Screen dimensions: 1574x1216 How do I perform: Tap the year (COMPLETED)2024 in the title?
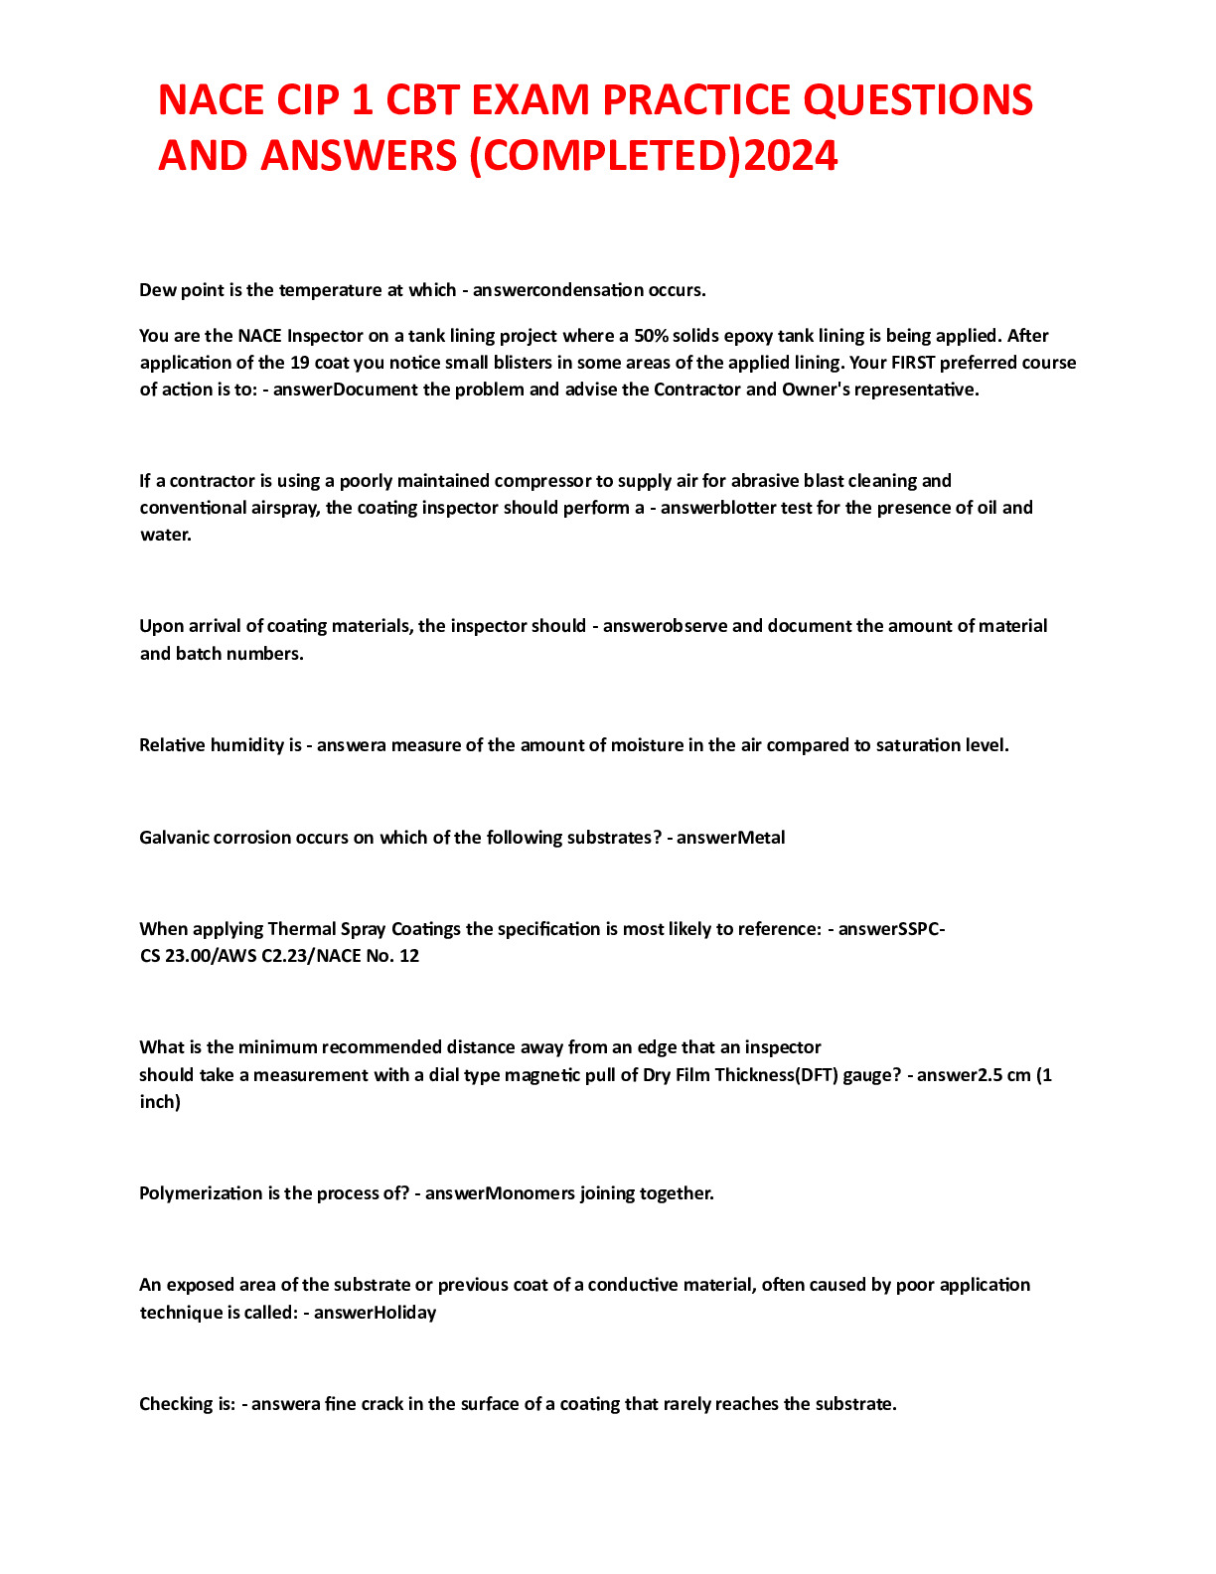(x=652, y=156)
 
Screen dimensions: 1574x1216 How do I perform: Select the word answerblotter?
(x=718, y=508)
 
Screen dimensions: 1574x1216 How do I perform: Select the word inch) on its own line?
(x=160, y=1102)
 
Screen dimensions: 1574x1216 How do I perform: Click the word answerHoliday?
(x=375, y=1313)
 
